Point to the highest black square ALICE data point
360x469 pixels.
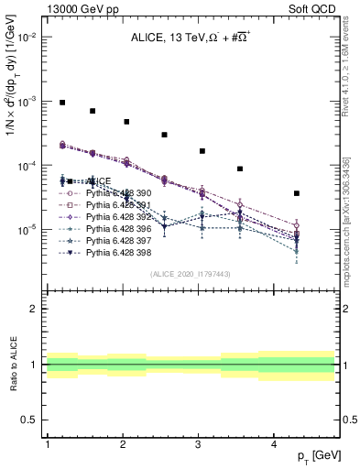(62, 103)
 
